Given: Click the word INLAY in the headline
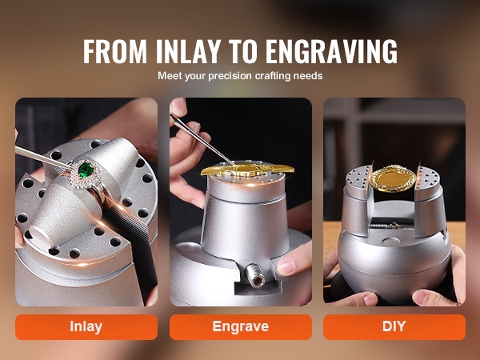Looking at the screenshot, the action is point(188,51).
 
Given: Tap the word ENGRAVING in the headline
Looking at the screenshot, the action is point(331,51).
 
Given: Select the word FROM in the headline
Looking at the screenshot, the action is point(114,51).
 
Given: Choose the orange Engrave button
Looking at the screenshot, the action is point(241,327).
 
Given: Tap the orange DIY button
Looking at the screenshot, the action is point(394,327).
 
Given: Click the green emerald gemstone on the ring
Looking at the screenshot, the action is point(86,170).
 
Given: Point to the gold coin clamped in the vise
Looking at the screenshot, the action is point(393,178).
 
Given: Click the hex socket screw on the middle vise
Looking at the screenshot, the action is point(257,277).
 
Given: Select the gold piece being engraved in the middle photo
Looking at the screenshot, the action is point(247,170).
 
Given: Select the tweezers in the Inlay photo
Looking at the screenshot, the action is point(43,158).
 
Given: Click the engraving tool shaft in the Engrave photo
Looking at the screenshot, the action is point(202,139).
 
